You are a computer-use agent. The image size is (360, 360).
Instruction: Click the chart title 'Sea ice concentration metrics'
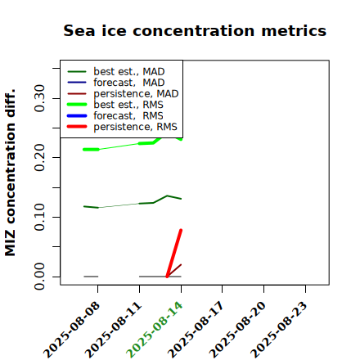[x=195, y=30]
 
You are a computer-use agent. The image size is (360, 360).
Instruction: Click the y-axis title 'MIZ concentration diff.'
[x=10, y=173]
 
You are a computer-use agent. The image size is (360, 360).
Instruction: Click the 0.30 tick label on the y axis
[x=39, y=98]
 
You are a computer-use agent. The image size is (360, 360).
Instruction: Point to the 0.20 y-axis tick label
[x=39, y=158]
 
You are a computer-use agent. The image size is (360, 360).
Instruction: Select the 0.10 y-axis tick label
[x=39, y=217]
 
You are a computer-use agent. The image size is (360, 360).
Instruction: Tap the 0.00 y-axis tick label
[x=39, y=277]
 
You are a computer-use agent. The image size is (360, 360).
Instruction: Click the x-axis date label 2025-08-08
[x=72, y=330]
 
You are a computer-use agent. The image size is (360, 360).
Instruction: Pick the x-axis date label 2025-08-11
[x=114, y=330]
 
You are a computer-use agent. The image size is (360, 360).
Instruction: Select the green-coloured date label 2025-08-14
[x=155, y=330]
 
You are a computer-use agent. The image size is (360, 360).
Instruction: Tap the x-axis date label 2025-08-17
[x=196, y=330]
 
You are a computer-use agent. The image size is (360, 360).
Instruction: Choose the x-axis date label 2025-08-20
[x=238, y=330]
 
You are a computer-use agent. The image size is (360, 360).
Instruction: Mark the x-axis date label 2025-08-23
[x=280, y=330]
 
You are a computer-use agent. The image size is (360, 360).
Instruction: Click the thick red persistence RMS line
[x=174, y=254]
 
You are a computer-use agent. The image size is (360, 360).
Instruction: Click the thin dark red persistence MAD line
[x=174, y=271]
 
